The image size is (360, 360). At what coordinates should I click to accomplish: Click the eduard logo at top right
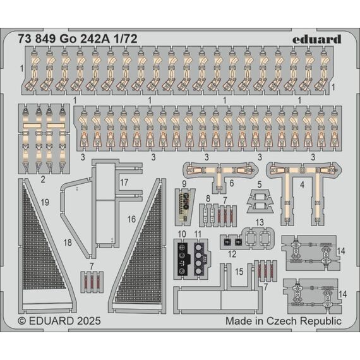coord(317,40)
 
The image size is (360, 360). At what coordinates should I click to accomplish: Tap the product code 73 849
coord(37,39)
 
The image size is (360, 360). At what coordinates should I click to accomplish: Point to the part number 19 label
coord(45,203)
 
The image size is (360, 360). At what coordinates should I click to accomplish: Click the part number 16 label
coord(131,219)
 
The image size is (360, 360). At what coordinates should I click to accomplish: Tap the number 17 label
coord(124,183)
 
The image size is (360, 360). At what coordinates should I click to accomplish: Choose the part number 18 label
coord(68,243)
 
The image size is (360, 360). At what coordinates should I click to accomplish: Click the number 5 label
coord(260,184)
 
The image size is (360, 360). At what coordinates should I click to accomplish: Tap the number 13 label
coord(260,222)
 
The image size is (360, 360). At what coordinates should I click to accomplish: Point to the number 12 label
coord(232,254)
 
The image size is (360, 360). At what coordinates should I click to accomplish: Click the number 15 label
coord(239,272)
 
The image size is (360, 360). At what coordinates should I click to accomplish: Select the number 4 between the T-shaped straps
coord(302,185)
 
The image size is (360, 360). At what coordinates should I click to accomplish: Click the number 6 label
coord(231,183)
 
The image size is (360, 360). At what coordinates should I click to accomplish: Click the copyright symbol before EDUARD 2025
coord(22,321)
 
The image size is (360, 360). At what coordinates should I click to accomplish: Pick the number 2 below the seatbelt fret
coord(43,179)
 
